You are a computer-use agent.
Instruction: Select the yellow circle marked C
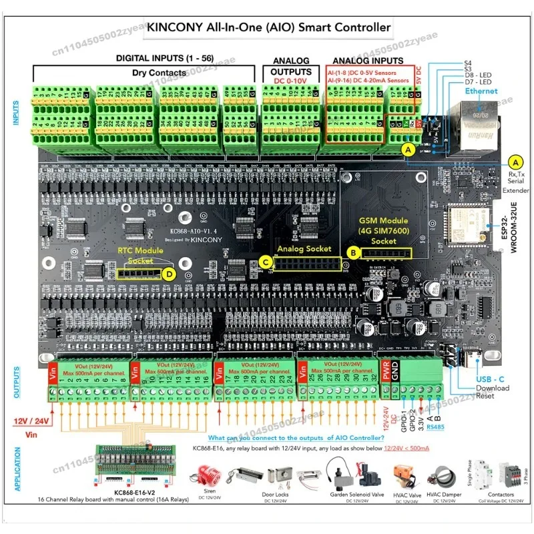[x=266, y=262]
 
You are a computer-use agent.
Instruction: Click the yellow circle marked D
[x=171, y=273]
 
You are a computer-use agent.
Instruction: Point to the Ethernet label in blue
[x=481, y=91]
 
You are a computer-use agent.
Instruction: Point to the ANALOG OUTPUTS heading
[x=291, y=67]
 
